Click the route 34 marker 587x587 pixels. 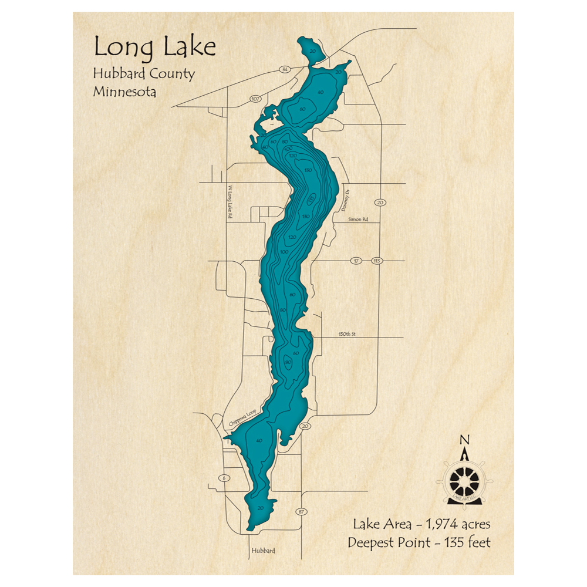(x=285, y=70)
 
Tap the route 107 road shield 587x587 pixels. (x=255, y=99)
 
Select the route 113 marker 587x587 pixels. (x=377, y=260)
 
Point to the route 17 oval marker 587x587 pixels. (x=356, y=260)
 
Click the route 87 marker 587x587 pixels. (x=302, y=512)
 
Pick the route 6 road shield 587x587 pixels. (x=224, y=478)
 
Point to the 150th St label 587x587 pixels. (x=348, y=334)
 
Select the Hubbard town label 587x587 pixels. (x=262, y=551)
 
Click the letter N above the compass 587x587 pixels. (x=464, y=440)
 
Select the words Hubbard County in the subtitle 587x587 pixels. (x=143, y=74)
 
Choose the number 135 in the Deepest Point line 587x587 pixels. (x=452, y=542)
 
